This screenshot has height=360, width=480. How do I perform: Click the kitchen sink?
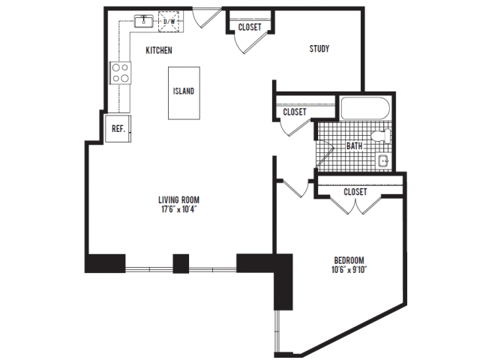[143, 21]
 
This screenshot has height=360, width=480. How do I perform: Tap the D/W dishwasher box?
[169, 22]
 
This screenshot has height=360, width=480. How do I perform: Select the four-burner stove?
[120, 73]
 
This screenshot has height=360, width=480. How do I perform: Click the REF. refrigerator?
[118, 128]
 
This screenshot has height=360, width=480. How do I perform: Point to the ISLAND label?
[184, 91]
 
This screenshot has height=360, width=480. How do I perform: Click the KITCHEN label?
[159, 50]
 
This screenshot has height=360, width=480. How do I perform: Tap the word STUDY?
[319, 49]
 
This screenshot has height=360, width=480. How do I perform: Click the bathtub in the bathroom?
[365, 108]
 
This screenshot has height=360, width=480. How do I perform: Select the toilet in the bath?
[381, 136]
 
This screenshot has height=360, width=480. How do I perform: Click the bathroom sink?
[383, 161]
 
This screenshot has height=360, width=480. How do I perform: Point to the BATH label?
[355, 146]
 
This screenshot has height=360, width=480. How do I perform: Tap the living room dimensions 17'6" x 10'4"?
[179, 210]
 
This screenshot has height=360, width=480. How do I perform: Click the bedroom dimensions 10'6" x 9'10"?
[349, 270]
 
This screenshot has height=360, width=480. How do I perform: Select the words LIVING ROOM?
[179, 200]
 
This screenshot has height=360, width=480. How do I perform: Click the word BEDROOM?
[349, 260]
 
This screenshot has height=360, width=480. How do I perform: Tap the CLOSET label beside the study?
[250, 27]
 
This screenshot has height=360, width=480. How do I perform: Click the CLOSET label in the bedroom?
[355, 192]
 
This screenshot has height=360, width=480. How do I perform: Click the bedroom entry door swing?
[294, 188]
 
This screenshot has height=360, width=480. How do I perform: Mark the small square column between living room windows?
[181, 263]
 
